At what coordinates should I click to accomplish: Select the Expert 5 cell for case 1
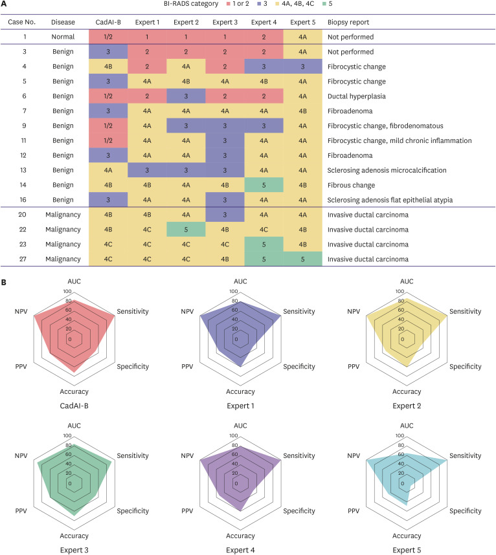(302, 37)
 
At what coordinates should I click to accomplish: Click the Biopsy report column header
(350, 21)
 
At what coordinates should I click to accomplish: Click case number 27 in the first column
(23, 259)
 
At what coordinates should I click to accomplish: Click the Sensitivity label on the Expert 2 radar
(464, 311)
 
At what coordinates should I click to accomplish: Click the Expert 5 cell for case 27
(302, 259)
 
